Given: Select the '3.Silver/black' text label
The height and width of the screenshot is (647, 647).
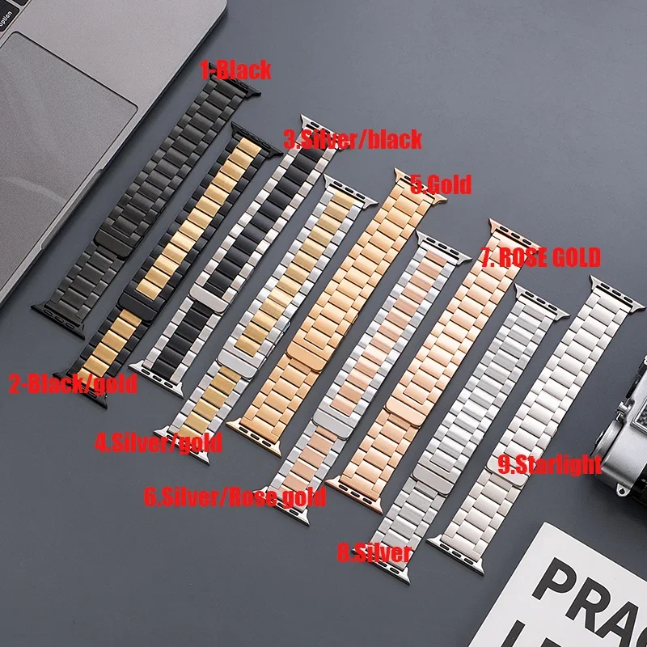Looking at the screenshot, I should (353, 139).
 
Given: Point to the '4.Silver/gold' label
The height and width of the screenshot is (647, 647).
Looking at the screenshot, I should (159, 442).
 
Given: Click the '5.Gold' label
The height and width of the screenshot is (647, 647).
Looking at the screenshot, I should (441, 185).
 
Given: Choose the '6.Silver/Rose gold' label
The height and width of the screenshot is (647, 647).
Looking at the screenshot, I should (235, 496).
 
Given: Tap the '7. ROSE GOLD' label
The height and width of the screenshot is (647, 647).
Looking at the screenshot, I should (540, 258).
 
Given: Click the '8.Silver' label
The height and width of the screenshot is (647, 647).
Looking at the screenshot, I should (374, 553).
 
